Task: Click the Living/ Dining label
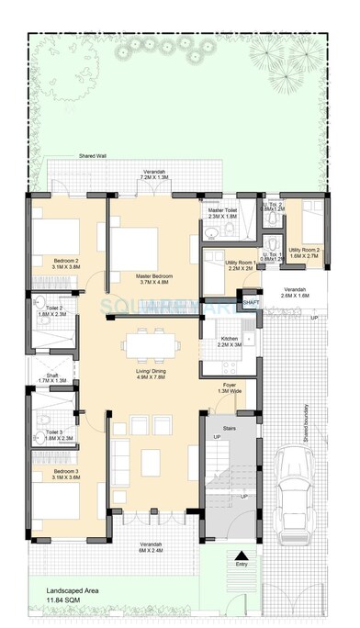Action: click(152, 373)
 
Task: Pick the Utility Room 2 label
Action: click(304, 253)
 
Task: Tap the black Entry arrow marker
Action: click(241, 554)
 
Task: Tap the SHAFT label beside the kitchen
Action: click(251, 302)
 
